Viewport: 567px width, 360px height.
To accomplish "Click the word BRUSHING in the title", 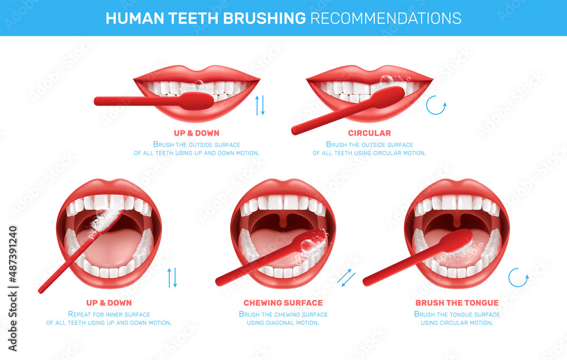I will coord(266,18).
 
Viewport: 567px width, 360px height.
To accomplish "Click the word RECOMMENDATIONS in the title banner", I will coord(386,18).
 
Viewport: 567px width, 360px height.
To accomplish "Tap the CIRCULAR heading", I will coord(369,133).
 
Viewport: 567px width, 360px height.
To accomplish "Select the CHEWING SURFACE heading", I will coord(283,303).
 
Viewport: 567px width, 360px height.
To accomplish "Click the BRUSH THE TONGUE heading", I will coord(457,303).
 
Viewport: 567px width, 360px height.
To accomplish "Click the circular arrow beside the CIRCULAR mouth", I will coord(437,105).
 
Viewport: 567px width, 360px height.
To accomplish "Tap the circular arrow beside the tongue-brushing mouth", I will coord(518,277).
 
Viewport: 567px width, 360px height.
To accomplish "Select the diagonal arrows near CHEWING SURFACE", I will coord(346,277).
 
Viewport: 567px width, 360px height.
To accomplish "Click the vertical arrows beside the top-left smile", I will coord(260,105).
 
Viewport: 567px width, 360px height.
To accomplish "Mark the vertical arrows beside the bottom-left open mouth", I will coord(172,277).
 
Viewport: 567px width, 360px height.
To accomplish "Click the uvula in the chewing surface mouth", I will coord(283,218).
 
